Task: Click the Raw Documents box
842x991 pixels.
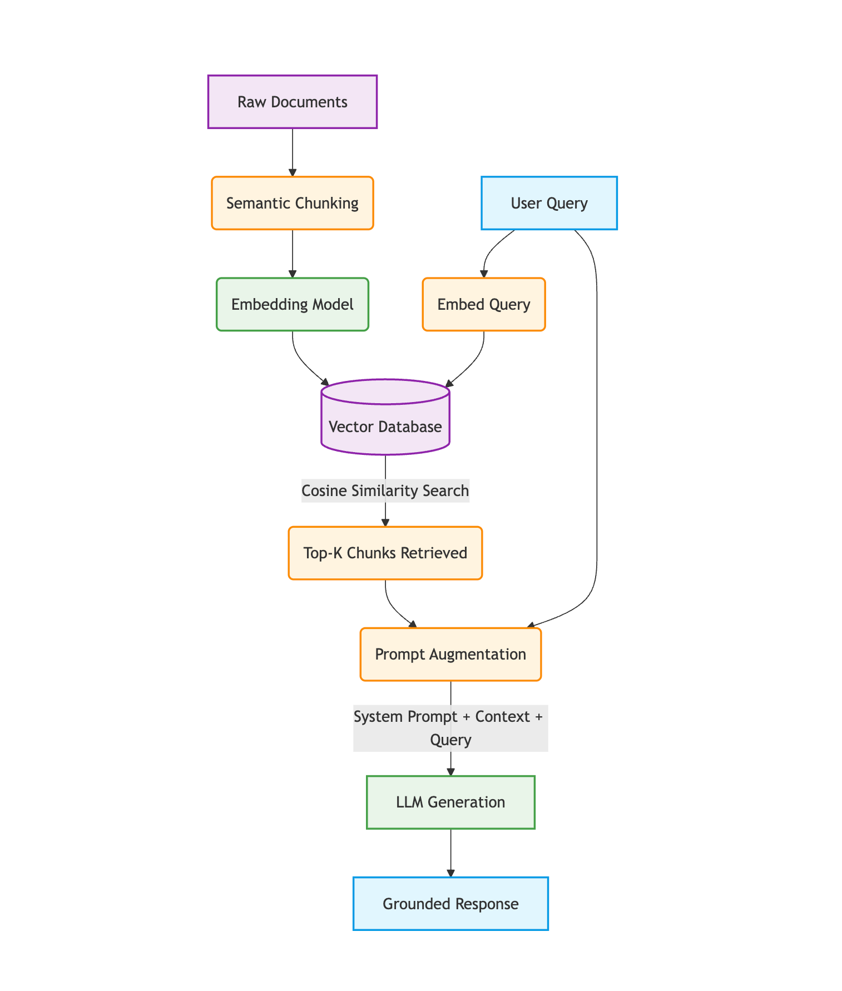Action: [x=293, y=102]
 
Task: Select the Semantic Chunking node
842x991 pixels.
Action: [x=293, y=203]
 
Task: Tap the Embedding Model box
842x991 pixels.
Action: [x=293, y=304]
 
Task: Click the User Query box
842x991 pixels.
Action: [x=549, y=203]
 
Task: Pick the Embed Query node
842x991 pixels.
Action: [x=484, y=304]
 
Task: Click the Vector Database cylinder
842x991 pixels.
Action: [x=385, y=417]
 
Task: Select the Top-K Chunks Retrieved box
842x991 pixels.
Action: [x=385, y=553]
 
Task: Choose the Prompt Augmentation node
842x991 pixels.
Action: [x=450, y=654]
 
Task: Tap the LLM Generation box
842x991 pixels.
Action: [x=450, y=802]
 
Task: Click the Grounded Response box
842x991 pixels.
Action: [x=450, y=904]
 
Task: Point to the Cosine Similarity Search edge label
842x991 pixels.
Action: [x=385, y=490]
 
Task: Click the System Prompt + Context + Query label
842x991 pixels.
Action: [x=450, y=728]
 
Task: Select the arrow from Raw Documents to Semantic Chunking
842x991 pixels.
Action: [x=293, y=153]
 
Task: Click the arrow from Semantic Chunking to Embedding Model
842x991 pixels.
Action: [x=293, y=254]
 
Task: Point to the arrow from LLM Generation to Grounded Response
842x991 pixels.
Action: [x=450, y=853]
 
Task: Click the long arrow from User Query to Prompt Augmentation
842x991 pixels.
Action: [x=597, y=428]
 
